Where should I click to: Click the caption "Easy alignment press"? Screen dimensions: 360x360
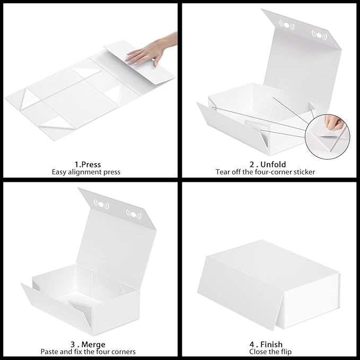pos(86,172)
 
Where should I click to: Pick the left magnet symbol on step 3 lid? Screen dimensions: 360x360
pos(98,203)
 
